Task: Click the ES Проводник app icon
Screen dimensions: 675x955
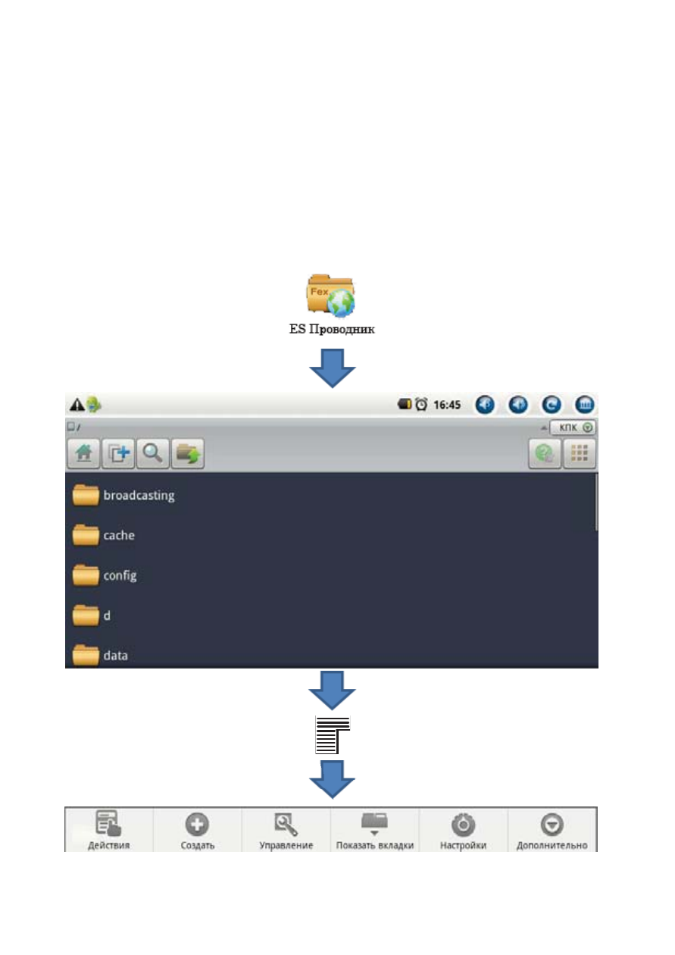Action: [331, 296]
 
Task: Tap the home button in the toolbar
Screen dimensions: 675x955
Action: [83, 453]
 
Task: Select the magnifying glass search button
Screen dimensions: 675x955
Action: [152, 453]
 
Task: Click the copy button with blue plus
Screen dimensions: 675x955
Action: [118, 453]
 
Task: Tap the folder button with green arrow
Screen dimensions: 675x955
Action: [188, 453]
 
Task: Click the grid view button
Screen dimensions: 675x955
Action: [580, 453]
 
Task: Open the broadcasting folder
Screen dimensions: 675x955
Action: [123, 496]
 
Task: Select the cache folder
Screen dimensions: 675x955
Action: [104, 535]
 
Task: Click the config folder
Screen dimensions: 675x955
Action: [105, 575]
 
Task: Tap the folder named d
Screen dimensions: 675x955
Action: [91, 615]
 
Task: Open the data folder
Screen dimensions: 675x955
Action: [100, 656]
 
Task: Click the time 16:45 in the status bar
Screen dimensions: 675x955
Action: [447, 405]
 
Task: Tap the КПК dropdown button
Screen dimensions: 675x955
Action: [573, 427]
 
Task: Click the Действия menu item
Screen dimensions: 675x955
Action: [108, 829]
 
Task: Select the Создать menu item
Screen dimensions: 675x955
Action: [197, 831]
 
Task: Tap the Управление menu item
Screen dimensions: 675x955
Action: [286, 831]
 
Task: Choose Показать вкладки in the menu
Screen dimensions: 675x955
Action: [374, 831]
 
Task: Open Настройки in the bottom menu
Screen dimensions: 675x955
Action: [463, 831]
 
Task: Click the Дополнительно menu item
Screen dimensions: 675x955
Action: [552, 831]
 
